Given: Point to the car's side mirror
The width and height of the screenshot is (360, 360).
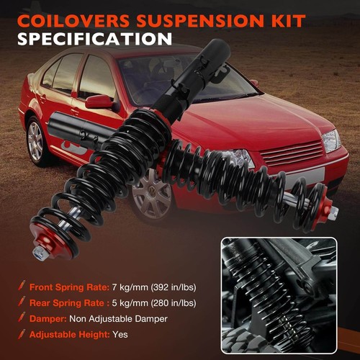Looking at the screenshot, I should [x=99, y=102].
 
